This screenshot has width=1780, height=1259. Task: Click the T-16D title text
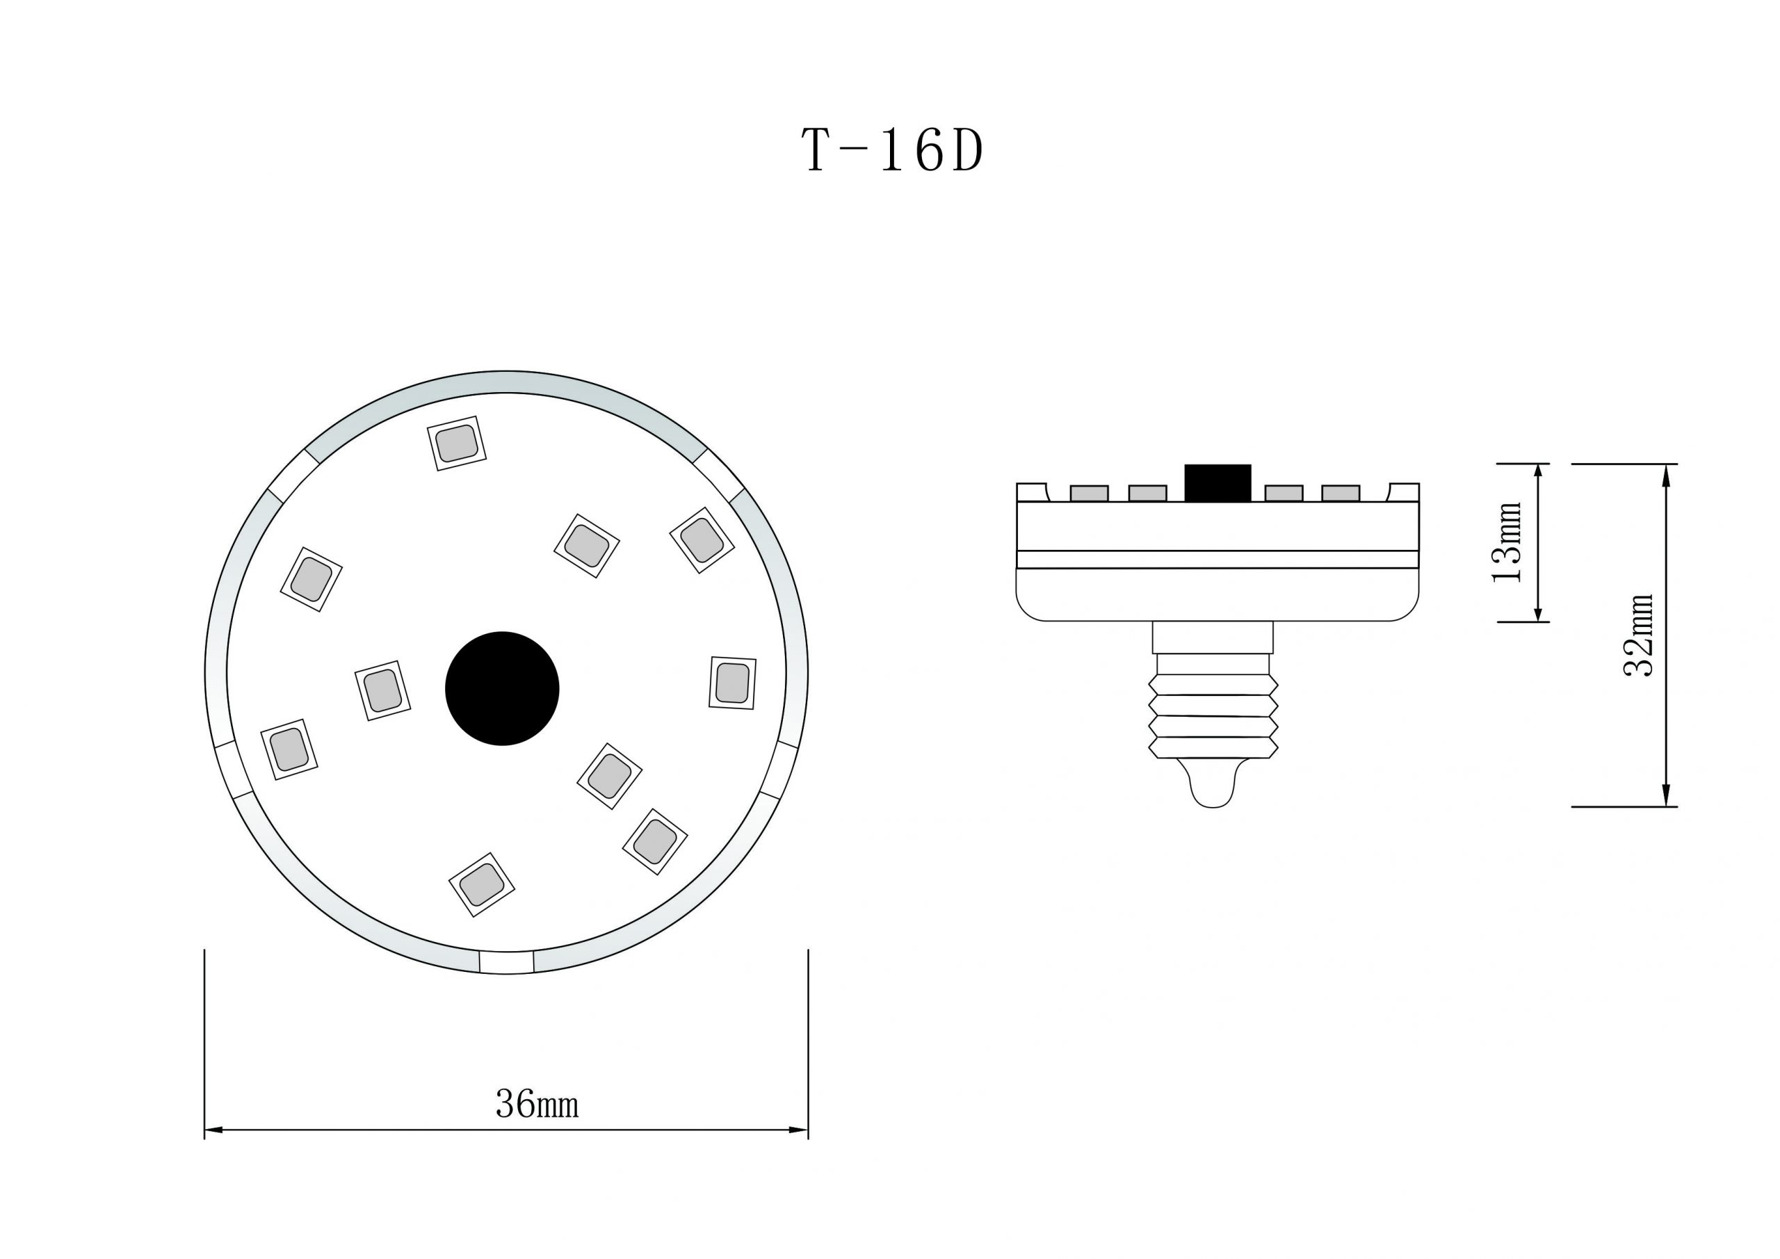[892, 151]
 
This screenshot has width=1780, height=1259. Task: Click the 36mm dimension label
[537, 1104]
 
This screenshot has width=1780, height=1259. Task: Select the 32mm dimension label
[1639, 635]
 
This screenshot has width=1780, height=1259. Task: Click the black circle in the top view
[503, 688]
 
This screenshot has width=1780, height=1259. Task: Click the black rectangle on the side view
[1217, 483]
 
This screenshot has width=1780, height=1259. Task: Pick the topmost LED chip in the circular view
[457, 444]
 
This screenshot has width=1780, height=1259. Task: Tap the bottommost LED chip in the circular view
[481, 884]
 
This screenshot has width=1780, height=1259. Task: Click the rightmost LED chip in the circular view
[732, 682]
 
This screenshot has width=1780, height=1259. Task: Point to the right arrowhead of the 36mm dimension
[800, 1130]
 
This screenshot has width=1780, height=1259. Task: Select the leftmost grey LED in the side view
[1088, 493]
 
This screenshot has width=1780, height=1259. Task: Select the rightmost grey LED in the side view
[1341, 493]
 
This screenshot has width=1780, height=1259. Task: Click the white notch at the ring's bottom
[506, 962]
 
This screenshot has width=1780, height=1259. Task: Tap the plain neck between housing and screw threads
[1213, 637]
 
